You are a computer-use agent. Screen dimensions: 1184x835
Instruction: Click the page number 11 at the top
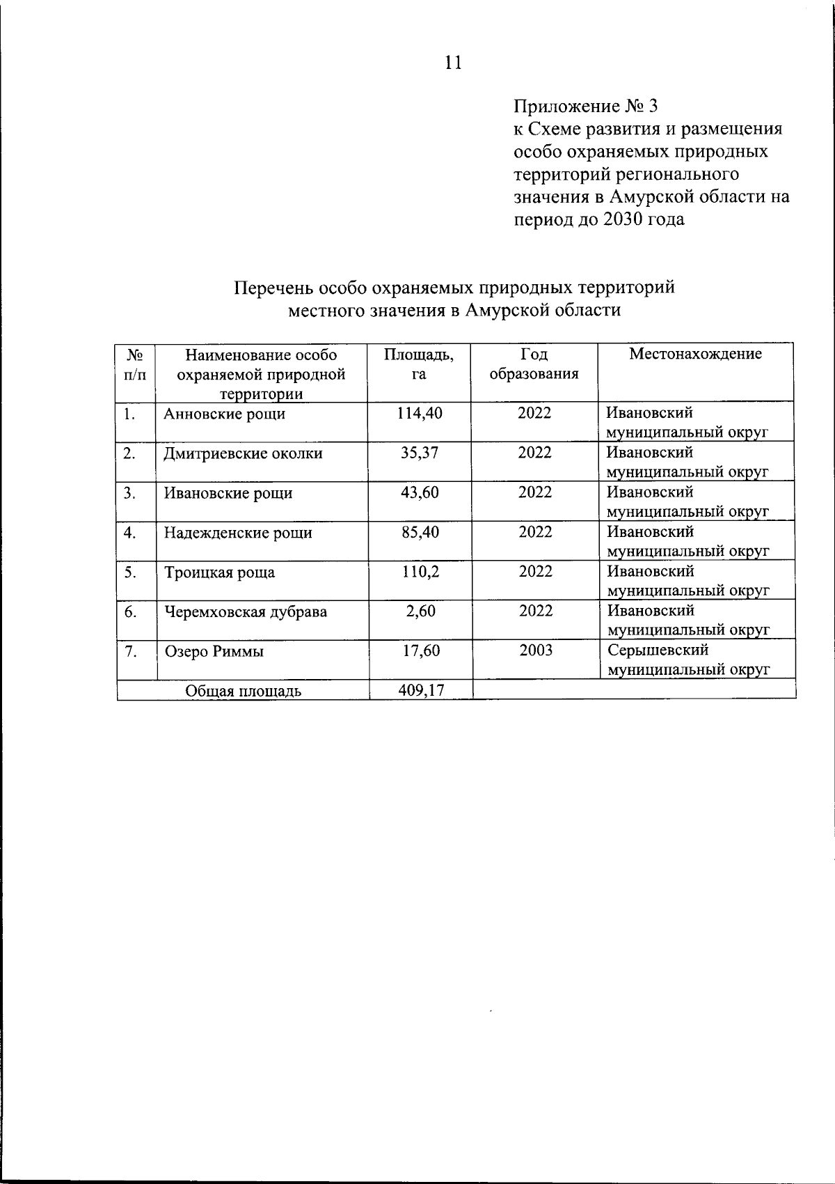(452, 63)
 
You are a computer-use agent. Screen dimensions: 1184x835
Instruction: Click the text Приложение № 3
(584, 107)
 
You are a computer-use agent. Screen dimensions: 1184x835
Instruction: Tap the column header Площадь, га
(419, 364)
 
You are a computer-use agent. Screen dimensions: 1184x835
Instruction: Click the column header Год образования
(534, 364)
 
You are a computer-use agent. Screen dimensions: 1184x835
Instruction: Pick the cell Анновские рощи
(224, 414)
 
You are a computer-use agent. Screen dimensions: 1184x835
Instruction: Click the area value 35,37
(419, 453)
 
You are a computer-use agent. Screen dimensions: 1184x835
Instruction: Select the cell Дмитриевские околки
(243, 454)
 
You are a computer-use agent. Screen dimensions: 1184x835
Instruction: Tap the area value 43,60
(419, 492)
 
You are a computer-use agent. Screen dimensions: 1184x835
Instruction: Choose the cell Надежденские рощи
(238, 533)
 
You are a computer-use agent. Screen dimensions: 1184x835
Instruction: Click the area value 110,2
(419, 572)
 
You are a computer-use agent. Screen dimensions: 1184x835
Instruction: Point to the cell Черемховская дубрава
(245, 612)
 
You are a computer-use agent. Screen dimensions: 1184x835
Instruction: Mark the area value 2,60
(420, 612)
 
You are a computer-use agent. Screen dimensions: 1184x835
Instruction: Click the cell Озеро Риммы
(214, 652)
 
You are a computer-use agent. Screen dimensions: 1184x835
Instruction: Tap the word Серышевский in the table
(658, 651)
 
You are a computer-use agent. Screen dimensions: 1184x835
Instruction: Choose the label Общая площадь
(243, 691)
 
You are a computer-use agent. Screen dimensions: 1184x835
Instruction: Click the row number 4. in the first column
(129, 533)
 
